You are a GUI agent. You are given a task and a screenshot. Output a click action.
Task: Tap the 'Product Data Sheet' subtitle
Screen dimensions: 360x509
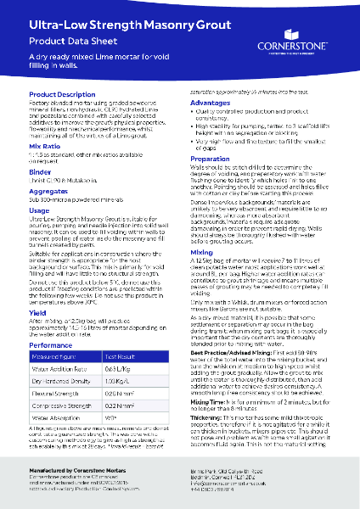[x=64, y=40]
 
